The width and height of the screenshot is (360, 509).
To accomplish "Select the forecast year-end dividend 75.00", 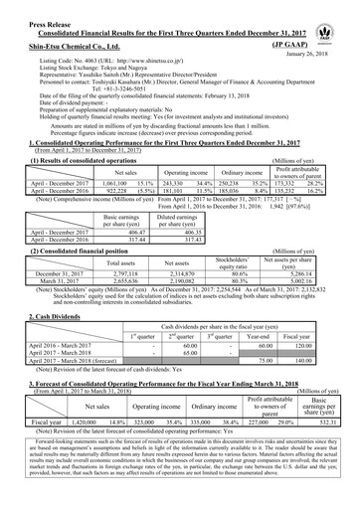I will coord(266,334).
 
